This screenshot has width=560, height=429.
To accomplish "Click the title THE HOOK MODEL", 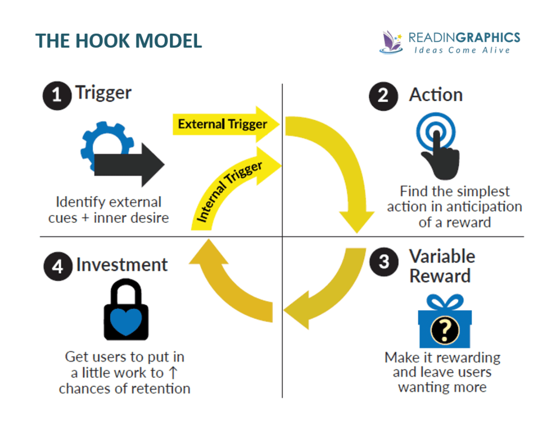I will pos(119,41).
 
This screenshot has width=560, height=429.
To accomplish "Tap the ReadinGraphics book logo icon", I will pos(391,42).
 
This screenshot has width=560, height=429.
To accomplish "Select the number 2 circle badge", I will pos(383,95).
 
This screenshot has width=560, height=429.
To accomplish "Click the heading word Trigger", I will pos(104,93).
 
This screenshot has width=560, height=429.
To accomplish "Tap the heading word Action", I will pos(436,95).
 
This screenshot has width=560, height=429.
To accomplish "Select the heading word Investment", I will pos(122,265).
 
